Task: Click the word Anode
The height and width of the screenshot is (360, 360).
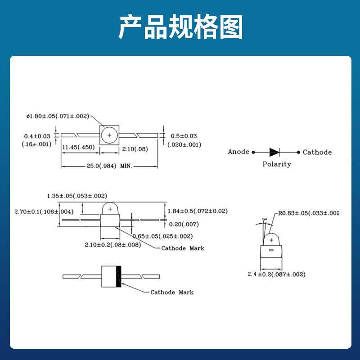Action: click(x=238, y=152)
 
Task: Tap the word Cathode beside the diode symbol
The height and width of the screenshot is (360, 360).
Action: click(x=317, y=152)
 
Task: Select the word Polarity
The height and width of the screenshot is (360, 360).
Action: click(x=276, y=164)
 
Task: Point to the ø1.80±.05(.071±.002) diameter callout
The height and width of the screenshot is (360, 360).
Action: click(x=58, y=116)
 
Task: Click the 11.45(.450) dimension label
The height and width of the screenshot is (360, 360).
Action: click(x=78, y=147)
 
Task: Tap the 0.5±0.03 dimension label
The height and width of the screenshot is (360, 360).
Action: click(x=184, y=136)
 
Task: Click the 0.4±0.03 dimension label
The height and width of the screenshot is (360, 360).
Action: click(x=37, y=136)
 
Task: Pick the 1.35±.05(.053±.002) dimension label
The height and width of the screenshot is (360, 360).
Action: click(x=76, y=196)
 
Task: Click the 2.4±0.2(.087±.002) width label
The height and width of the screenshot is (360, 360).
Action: click(x=276, y=274)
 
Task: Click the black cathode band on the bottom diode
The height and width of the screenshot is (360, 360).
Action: click(x=119, y=276)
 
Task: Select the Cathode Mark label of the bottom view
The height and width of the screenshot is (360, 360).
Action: click(x=172, y=292)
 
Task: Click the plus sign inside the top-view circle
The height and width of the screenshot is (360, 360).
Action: click(x=109, y=135)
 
